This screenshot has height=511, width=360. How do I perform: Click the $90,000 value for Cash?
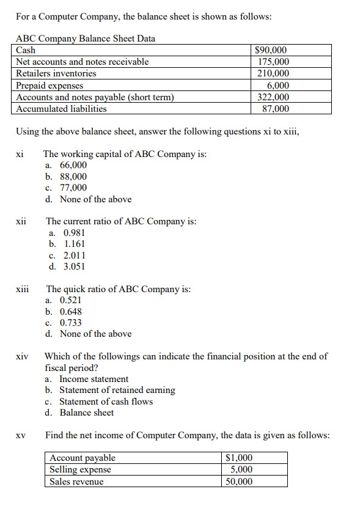271,50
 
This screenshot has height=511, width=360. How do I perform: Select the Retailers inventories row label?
56,73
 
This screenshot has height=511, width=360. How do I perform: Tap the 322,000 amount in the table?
274,97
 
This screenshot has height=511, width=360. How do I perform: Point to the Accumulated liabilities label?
61,109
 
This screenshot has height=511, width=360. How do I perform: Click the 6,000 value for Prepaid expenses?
279,86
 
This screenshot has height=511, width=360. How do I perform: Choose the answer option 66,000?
73,165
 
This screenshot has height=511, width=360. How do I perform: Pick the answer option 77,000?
73,188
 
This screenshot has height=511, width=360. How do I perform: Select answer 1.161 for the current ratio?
75,244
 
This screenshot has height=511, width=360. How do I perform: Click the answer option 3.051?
75,267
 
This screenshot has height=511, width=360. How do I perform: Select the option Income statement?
94,379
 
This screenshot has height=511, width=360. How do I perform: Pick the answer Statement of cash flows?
106,402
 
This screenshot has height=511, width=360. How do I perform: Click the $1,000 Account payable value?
239,458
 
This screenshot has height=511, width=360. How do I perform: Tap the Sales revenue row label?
76,482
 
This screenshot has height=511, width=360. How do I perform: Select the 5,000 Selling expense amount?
241,469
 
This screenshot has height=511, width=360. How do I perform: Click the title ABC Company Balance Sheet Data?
85,39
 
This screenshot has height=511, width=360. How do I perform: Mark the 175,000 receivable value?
274,62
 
